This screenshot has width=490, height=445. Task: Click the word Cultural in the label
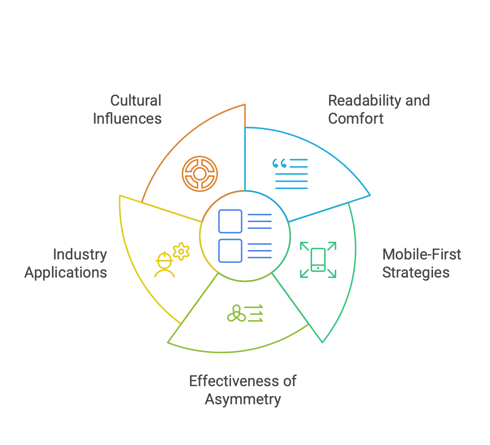(136, 101)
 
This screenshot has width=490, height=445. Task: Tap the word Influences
(127, 119)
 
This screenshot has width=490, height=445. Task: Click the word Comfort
(355, 119)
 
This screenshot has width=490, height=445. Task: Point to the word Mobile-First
(421, 255)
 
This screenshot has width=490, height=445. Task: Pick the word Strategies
(416, 273)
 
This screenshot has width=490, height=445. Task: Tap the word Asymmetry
(243, 399)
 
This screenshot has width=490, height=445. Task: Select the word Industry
(80, 255)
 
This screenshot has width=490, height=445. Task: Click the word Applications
(66, 273)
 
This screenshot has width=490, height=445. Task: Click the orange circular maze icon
(200, 174)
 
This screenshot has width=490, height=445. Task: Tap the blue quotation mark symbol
(279, 164)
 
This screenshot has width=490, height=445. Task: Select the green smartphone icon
(318, 260)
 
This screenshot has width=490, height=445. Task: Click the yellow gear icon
(181, 251)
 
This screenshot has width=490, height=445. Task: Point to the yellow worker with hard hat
(164, 265)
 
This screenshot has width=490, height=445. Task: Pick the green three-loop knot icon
(236, 313)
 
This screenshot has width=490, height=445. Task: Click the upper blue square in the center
(230, 221)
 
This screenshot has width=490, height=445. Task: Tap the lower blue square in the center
(230, 251)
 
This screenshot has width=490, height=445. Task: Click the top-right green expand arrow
(331, 246)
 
